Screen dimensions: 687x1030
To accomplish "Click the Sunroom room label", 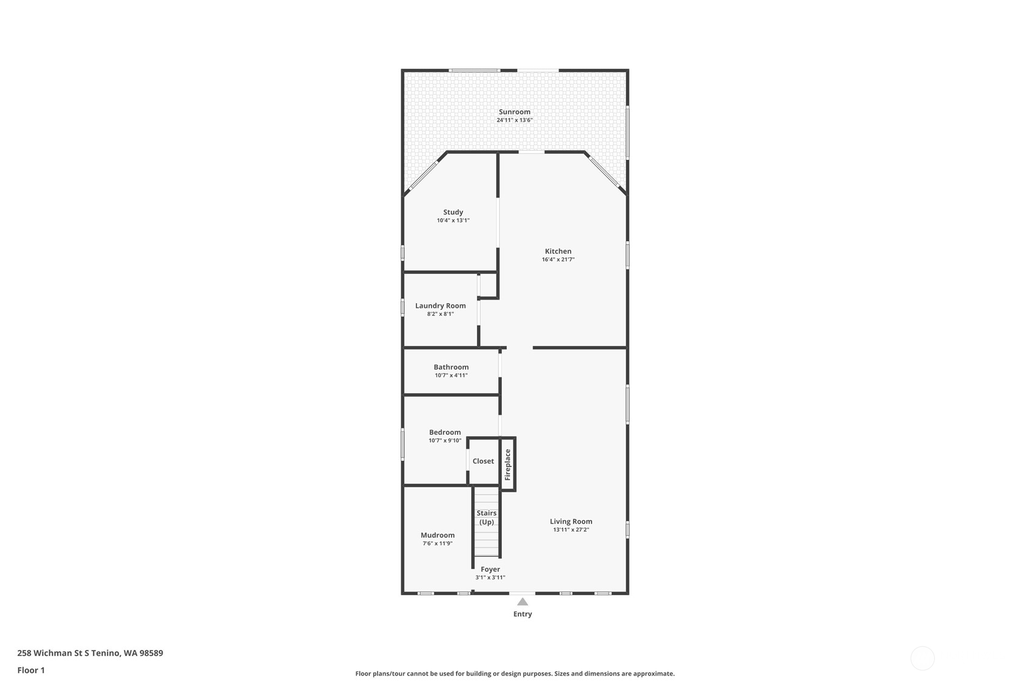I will point(515,112).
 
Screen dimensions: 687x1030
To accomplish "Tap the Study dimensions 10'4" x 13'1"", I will point(453,220).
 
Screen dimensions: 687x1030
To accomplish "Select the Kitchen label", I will point(558,251).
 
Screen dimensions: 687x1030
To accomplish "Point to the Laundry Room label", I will point(441,306).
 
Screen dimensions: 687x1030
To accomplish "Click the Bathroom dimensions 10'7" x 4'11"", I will point(451,375).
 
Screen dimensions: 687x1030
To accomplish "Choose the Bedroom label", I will point(445,432).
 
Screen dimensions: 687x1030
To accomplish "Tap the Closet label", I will point(483,461).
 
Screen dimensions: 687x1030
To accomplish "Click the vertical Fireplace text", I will point(508,465).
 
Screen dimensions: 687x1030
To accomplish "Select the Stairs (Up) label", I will point(487,518).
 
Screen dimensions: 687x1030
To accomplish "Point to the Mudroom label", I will point(438,535).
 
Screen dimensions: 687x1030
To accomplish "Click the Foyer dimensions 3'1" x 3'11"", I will point(490,578).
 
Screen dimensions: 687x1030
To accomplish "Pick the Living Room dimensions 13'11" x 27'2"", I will point(571,530).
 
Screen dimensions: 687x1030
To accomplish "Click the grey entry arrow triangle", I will point(523,602).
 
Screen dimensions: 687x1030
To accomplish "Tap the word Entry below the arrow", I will point(523,614).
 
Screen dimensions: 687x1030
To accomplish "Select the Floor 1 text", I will point(31,670).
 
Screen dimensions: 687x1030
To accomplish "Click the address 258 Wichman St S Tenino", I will point(90,653).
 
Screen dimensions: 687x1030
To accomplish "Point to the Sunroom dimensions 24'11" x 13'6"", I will point(515,120).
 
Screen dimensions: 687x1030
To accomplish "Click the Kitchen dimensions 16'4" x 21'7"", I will point(558,259).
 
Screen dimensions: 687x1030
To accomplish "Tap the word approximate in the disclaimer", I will point(654,674).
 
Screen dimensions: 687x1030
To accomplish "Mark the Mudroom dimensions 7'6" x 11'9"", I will point(438,544).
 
